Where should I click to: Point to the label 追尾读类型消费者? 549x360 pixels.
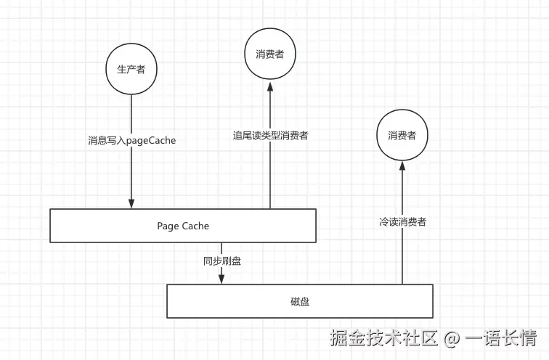271,136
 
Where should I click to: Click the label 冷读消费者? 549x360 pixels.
402,222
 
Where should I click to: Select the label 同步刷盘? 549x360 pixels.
222,261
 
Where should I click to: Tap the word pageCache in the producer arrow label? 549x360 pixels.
151,141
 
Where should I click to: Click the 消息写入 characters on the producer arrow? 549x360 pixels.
107,141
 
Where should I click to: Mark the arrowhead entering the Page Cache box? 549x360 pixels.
131,204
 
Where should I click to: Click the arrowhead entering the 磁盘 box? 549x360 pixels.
221,279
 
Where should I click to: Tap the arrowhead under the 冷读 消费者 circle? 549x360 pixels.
402,166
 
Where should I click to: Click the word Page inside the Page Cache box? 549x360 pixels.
168,226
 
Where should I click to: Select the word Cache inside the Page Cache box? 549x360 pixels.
195,226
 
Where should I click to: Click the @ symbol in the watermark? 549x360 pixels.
451,338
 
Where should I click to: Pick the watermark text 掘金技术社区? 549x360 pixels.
383,337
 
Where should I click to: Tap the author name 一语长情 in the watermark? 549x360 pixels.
500,337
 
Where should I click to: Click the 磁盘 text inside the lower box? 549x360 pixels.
300,301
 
